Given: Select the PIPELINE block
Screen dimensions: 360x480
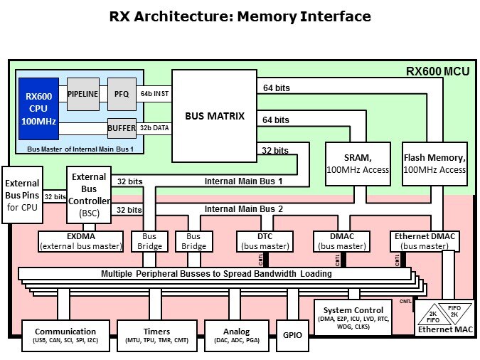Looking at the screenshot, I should coord(83,94).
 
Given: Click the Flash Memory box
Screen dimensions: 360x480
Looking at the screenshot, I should coord(434,164).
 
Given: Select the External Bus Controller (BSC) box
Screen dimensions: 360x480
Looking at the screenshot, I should coord(89,195).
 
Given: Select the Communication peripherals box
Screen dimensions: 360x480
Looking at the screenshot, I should coord(65,336).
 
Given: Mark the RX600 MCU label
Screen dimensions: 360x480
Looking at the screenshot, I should coord(433,71).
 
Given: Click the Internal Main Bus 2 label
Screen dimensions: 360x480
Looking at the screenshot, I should coord(243,209).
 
